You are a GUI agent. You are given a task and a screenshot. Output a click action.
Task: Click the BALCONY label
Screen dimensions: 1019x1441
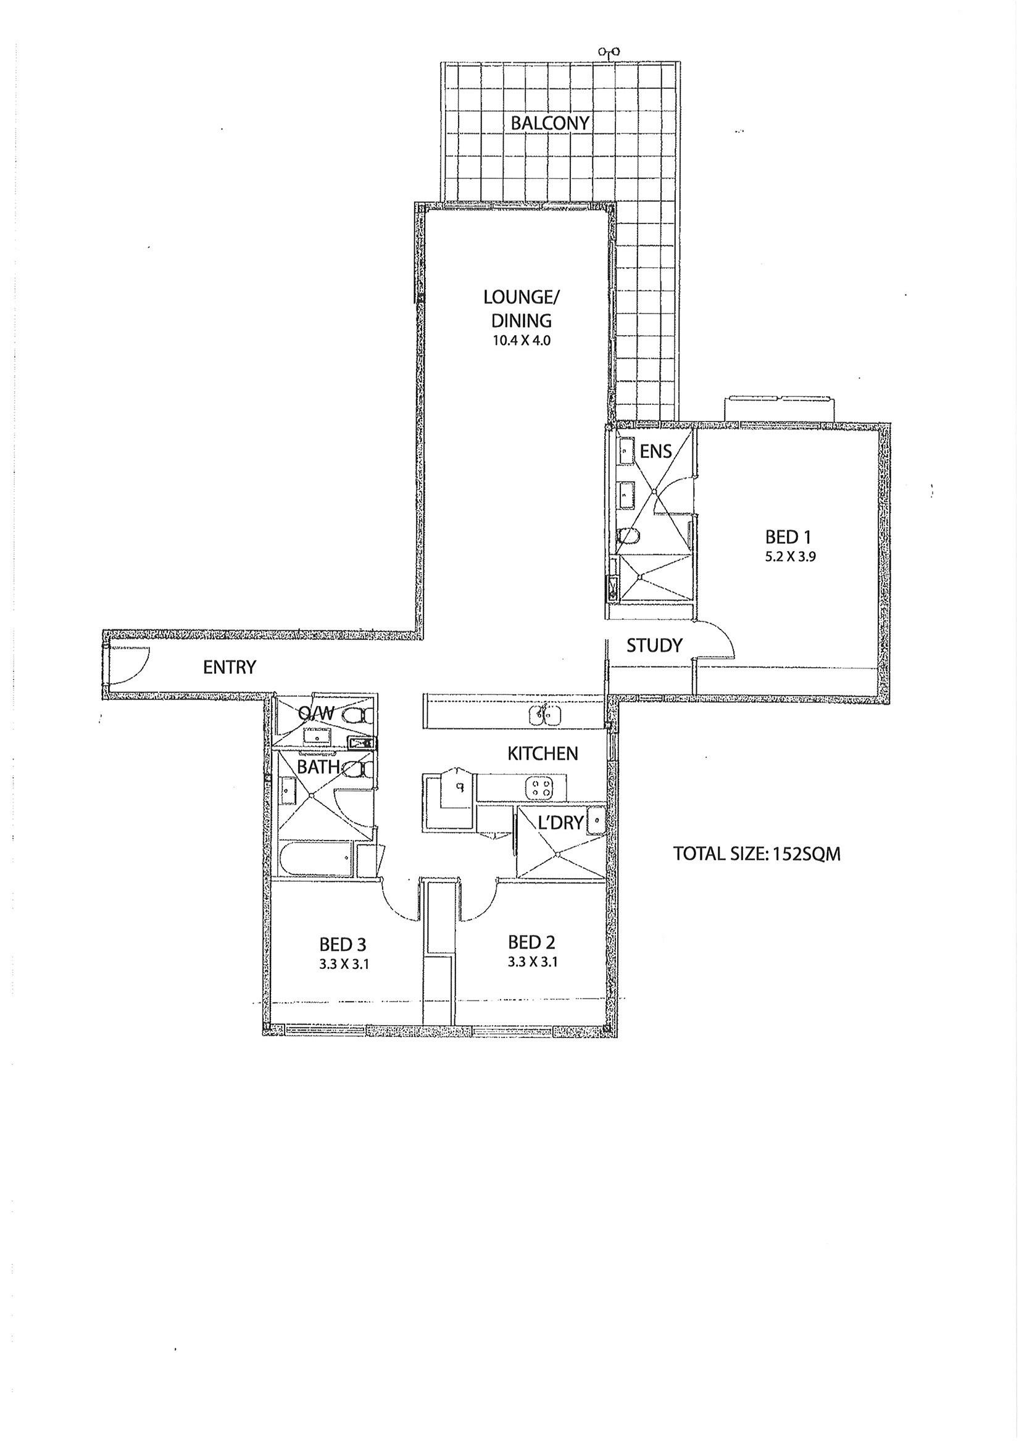click(550, 123)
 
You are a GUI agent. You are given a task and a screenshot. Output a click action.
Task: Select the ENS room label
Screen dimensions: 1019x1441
click(656, 451)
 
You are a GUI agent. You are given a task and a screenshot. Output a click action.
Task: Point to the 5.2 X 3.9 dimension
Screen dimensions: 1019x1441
click(789, 555)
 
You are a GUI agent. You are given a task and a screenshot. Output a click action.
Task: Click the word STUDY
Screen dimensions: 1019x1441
click(654, 645)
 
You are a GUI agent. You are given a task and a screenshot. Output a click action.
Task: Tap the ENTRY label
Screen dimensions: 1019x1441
click(230, 667)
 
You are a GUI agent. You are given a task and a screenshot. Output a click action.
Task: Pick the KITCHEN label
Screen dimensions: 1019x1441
click(543, 753)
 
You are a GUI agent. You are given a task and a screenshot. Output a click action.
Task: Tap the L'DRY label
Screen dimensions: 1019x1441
click(560, 822)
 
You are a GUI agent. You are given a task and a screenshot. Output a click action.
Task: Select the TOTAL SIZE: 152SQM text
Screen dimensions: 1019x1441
click(757, 854)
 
